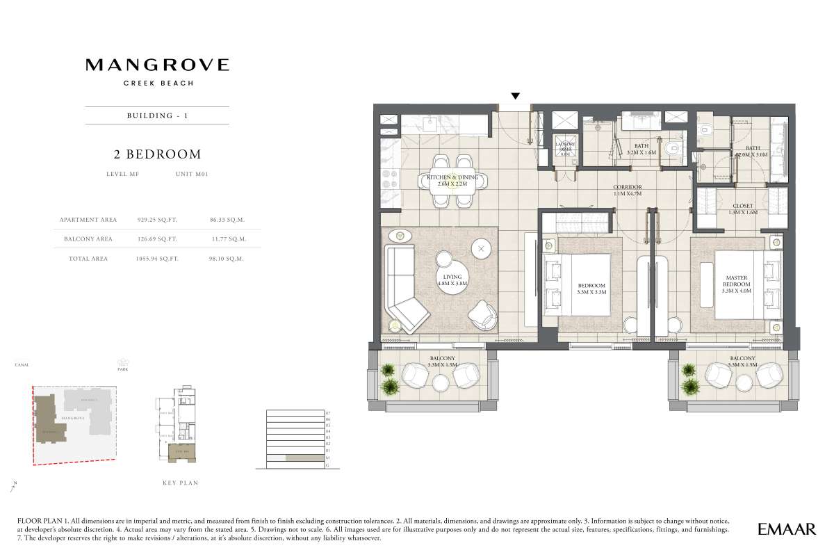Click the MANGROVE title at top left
[157, 65]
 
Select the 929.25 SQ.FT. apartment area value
[157, 219]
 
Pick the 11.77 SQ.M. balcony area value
[228, 239]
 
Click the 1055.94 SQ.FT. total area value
[157, 258]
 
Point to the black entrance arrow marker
[515, 96]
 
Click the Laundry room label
[564, 147]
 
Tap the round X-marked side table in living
[481, 248]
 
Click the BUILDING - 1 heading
[157, 115]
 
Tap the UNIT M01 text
[193, 175]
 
